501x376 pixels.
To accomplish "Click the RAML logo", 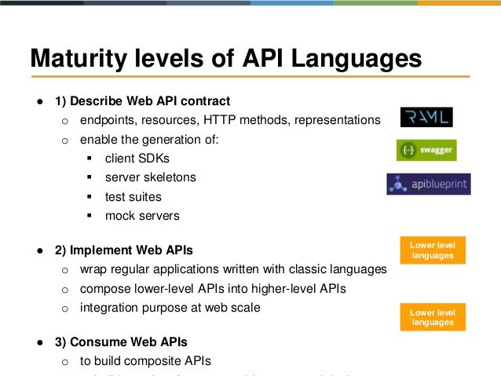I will pyautogui.click(x=426, y=117).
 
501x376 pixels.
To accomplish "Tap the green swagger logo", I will pyautogui.click(x=426, y=150).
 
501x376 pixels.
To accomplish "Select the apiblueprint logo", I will pyautogui.click(x=429, y=184).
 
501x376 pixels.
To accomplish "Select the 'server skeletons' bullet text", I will pyautogui.click(x=151, y=177).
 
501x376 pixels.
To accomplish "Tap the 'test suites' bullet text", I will pyautogui.click(x=133, y=196).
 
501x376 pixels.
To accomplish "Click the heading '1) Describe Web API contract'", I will pyautogui.click(x=142, y=101).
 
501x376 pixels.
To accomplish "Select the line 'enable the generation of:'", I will pyautogui.click(x=150, y=140).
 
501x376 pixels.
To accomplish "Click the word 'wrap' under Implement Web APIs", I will pyautogui.click(x=93, y=270).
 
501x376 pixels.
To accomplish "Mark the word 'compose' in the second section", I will pyautogui.click(x=104, y=289).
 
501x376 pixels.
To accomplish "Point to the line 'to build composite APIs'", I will pyautogui.click(x=145, y=361).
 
